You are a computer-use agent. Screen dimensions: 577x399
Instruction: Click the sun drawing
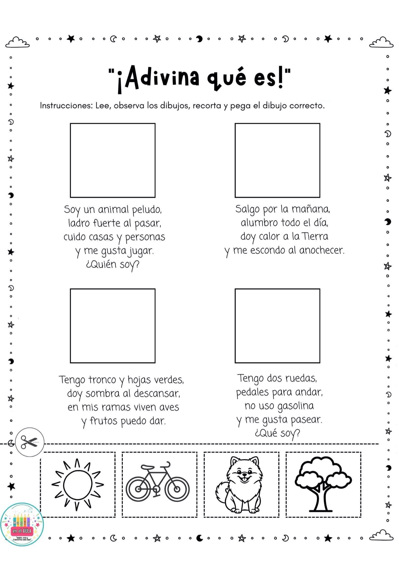click(78, 484)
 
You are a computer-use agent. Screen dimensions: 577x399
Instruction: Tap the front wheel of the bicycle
click(177, 489)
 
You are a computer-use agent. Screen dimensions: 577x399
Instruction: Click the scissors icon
click(30, 442)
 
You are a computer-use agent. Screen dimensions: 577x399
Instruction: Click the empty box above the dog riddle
click(113, 160)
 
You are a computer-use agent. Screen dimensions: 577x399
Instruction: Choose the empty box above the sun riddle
click(277, 160)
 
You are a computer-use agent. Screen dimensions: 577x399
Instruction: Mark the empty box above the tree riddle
click(113, 326)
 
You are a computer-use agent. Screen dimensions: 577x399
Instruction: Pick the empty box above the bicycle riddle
click(277, 326)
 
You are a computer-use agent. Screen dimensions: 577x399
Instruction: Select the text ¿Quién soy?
click(113, 265)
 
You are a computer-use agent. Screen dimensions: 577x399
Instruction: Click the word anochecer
click(322, 250)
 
